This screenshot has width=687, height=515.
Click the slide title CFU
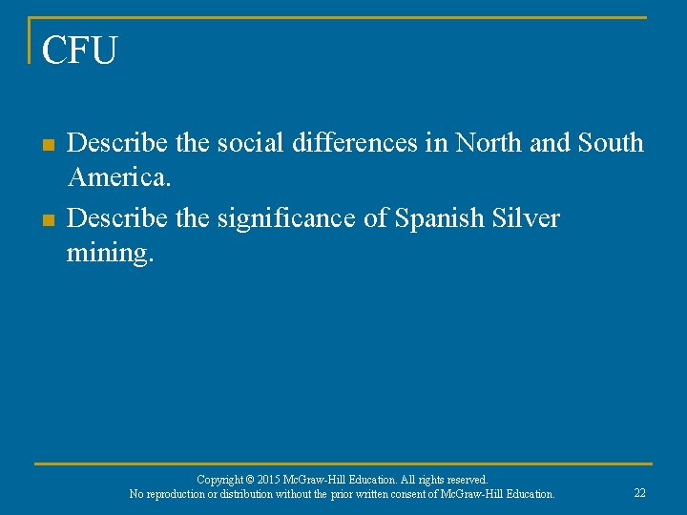click(79, 51)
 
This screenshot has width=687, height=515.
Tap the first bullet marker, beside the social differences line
click(46, 145)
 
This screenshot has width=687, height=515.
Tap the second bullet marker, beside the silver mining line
click(46, 220)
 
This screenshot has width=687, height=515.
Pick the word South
click(610, 143)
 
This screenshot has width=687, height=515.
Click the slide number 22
click(639, 493)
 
